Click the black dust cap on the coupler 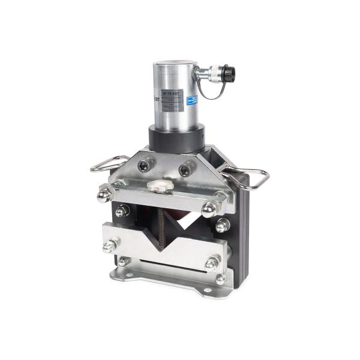[229, 74]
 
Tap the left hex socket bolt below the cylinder [144, 164]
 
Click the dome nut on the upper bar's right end [209, 209]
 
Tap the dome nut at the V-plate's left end [110, 245]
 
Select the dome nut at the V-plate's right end [212, 263]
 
